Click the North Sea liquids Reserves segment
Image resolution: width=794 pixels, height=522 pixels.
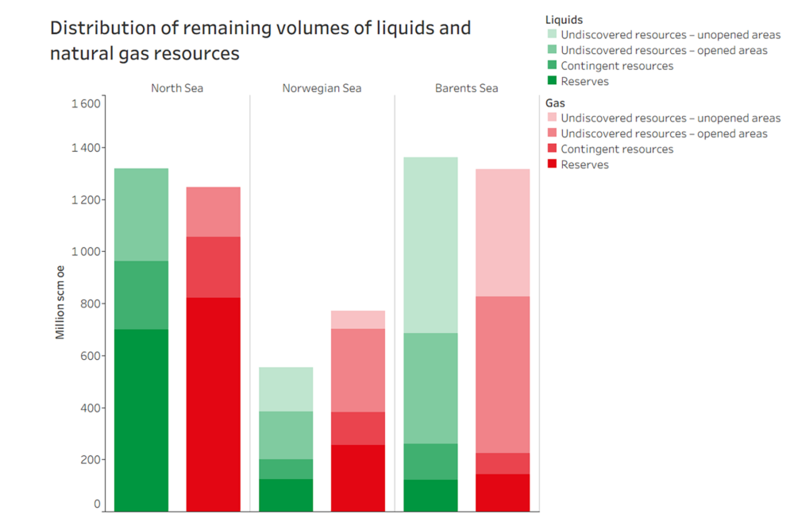141,420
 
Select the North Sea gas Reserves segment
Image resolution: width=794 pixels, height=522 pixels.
213,404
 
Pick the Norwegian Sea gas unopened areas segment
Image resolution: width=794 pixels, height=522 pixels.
357,319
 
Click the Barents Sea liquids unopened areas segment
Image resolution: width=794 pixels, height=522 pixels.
430,245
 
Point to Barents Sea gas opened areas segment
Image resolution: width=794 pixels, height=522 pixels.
502,374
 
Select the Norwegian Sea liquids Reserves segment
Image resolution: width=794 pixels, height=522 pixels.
286,495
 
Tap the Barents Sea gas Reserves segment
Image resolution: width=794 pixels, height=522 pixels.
502,493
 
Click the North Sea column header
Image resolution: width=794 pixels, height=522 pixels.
177,88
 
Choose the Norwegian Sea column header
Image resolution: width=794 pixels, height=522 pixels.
322,88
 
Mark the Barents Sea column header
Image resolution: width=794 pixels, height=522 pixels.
466,88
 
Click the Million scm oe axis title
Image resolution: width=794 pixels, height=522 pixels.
60,303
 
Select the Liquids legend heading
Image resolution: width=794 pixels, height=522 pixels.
564,18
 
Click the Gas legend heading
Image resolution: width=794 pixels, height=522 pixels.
555,103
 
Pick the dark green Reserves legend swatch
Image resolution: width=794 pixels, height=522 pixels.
552,81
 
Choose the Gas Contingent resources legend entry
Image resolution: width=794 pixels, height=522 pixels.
616,149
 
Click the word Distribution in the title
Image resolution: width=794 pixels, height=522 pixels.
102,29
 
